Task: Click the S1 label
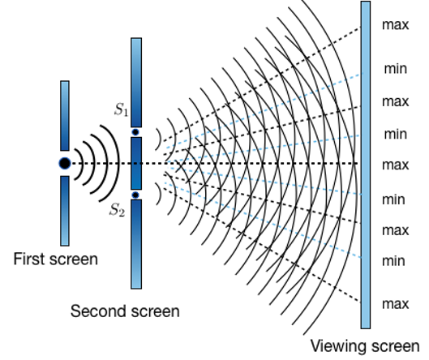click(x=121, y=109)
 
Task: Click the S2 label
click(x=118, y=210)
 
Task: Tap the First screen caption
click(x=55, y=259)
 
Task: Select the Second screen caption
click(x=125, y=311)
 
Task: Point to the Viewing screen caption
click(x=365, y=346)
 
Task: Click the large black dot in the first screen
click(x=65, y=163)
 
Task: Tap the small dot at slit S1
click(x=135, y=132)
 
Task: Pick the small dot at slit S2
click(x=135, y=195)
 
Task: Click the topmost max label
click(x=396, y=25)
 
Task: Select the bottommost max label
click(x=396, y=304)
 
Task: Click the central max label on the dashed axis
click(x=396, y=165)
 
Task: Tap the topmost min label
click(x=396, y=68)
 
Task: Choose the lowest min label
click(x=393, y=261)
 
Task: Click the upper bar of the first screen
click(x=65, y=116)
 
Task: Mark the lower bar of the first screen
click(x=65, y=211)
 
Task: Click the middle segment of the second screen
click(x=136, y=163)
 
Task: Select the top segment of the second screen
click(x=136, y=83)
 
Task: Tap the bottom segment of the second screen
click(x=136, y=244)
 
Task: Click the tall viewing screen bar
click(x=366, y=165)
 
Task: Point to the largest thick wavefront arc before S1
click(x=118, y=163)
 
